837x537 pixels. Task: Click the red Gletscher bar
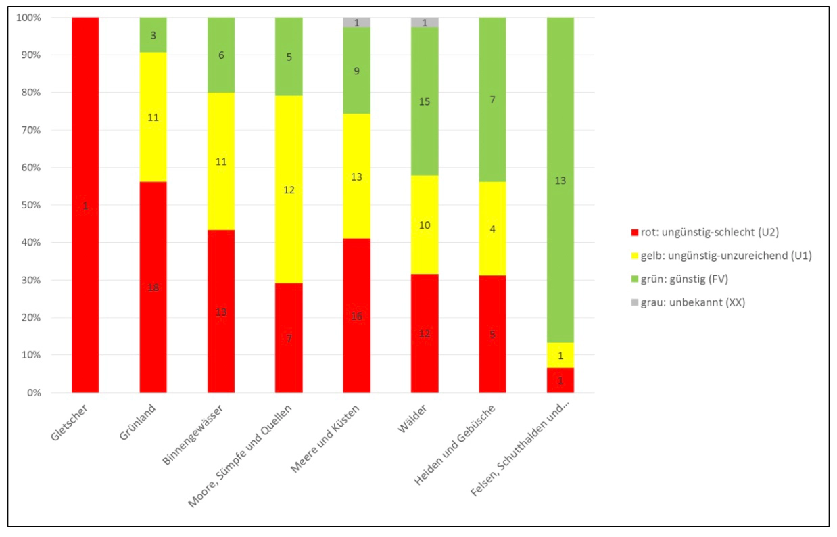(85, 205)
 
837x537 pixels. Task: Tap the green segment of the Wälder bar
(425, 101)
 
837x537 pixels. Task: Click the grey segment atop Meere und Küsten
(356, 22)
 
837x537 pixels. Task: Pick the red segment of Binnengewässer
(221, 311)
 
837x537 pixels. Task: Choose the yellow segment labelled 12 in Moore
(289, 190)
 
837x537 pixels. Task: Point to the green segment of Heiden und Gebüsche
(492, 99)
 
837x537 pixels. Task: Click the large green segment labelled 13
(560, 180)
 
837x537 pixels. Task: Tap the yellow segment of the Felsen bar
(560, 355)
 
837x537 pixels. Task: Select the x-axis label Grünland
(140, 421)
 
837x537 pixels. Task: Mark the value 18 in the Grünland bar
(153, 288)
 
